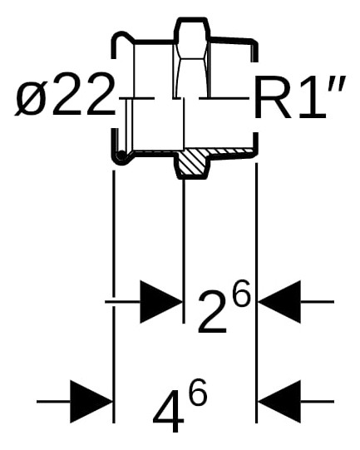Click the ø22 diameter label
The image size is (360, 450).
(65, 96)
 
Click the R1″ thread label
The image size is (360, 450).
(298, 97)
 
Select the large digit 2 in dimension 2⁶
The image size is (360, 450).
(212, 312)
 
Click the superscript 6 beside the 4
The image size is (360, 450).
(197, 392)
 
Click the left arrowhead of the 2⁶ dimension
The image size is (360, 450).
(161, 302)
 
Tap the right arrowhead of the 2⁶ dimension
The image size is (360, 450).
(279, 302)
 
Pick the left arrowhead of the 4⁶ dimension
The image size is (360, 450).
(91, 401)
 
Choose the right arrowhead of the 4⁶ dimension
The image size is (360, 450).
(279, 401)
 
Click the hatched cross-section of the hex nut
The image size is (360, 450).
(192, 162)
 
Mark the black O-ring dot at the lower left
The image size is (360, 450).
(121, 156)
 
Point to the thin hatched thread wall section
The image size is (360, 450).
(231, 151)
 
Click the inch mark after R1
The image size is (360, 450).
(338, 83)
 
